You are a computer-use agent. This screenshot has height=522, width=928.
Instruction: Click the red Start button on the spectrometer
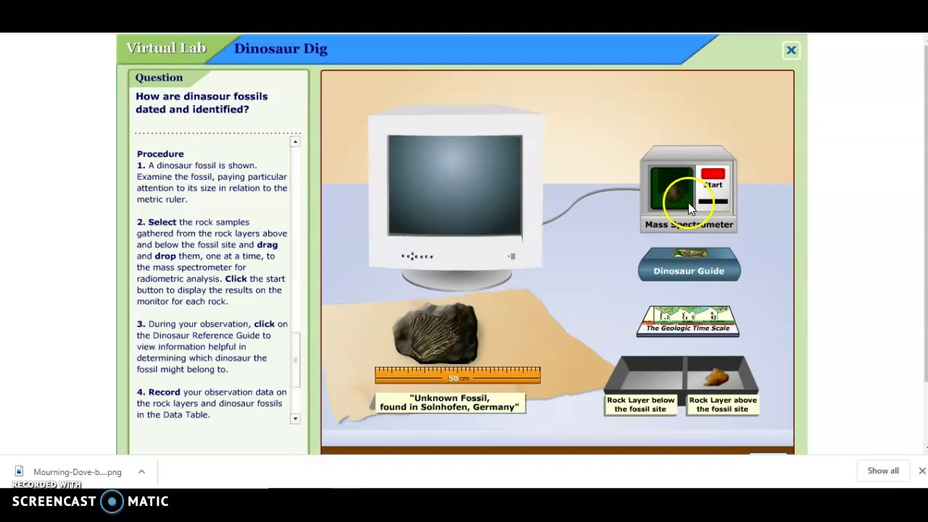point(713,174)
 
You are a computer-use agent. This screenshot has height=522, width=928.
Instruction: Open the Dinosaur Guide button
point(689,270)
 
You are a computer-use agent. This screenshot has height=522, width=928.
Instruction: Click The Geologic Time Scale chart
point(688,320)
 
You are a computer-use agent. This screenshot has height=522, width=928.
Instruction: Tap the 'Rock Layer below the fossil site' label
point(641,405)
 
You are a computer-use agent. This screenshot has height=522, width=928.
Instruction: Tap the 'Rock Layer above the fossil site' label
point(723,405)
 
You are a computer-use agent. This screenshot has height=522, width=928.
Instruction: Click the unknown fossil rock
point(435,332)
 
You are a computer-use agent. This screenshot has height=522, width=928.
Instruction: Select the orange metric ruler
point(457,375)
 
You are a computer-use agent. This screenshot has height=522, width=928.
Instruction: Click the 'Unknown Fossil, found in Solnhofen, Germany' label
point(449,402)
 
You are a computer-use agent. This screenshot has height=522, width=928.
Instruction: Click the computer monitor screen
point(455,185)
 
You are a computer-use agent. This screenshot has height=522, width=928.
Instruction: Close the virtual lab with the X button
point(791,50)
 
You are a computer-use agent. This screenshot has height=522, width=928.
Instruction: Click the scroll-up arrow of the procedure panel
point(295,141)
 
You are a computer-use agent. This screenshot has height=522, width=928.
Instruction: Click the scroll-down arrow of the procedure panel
point(295,419)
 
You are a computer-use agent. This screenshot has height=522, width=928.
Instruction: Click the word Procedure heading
point(160,154)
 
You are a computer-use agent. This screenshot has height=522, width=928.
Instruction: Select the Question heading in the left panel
point(159,78)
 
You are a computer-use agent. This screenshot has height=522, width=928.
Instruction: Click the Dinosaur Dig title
point(281,49)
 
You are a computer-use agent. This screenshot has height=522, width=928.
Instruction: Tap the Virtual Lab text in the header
point(166,48)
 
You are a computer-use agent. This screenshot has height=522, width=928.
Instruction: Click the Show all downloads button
point(883,471)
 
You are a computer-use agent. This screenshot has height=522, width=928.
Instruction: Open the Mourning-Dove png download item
point(77,472)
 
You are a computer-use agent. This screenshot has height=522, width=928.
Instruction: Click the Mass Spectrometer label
point(689,225)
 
